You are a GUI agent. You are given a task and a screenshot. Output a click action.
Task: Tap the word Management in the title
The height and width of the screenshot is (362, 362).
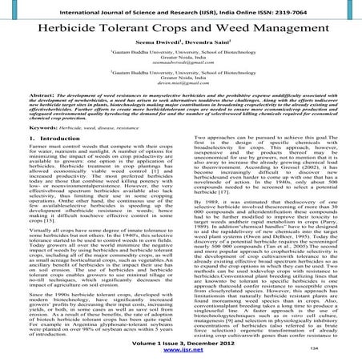pyautogui.click(x=278, y=28)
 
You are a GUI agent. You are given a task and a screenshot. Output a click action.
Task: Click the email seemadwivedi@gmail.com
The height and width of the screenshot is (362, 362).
pyautogui.click(x=179, y=69)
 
